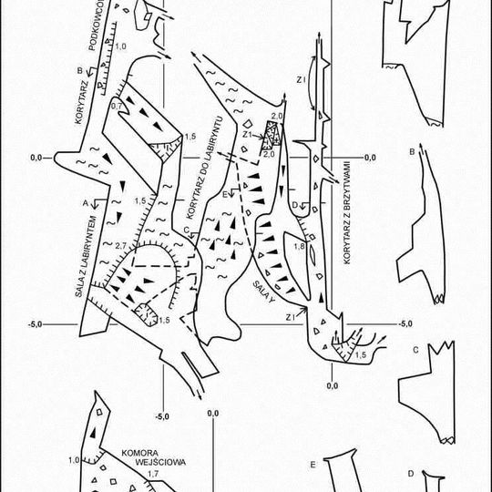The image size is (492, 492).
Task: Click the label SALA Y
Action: (264, 292)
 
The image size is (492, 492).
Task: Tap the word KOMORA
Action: (140, 453)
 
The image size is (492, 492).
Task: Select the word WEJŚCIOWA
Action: (160, 462)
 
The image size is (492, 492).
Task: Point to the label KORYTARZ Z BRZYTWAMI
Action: (347, 212)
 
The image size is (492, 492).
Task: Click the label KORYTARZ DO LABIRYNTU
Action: (204, 168)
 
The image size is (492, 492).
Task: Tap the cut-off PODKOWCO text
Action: (97, 26)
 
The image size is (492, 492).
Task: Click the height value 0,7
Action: (117, 107)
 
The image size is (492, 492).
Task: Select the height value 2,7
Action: (120, 246)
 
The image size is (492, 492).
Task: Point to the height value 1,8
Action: (300, 246)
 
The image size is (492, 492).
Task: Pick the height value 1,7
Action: (153, 474)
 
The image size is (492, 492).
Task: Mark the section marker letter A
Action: (86, 203)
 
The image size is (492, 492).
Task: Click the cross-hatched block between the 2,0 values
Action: (272, 136)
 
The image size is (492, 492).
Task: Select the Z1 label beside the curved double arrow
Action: (301, 80)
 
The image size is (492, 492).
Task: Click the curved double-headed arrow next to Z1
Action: (310, 83)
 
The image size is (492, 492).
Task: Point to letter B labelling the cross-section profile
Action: (412, 152)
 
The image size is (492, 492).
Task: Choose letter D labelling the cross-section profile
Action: (411, 474)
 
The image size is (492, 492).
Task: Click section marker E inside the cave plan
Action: (225, 195)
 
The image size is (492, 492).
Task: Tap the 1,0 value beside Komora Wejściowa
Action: (74, 460)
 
